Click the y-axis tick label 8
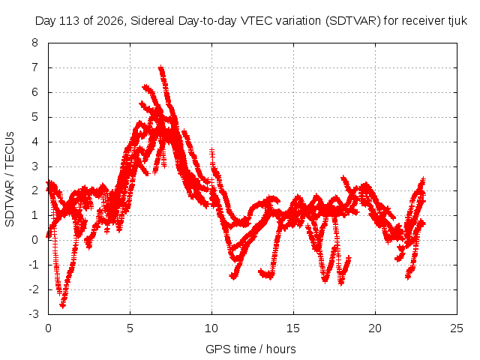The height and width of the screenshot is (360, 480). click(x=34, y=43)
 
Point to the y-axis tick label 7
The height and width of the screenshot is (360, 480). click(x=34, y=67)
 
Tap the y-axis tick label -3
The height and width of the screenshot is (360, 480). click(x=33, y=314)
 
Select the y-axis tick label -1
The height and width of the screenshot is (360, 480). click(x=33, y=265)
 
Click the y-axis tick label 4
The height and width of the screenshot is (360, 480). click(x=34, y=142)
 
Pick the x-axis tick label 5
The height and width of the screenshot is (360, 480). click(x=130, y=328)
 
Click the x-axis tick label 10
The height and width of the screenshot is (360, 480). click(x=211, y=328)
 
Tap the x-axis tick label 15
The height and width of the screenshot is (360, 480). click(x=293, y=328)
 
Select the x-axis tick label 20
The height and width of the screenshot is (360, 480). click(x=375, y=328)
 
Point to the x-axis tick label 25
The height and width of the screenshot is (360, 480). click(x=457, y=328)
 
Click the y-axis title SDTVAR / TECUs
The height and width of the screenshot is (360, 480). click(x=10, y=179)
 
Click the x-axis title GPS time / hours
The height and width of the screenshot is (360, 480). click(x=250, y=349)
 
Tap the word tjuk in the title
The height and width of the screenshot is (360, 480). click(x=460, y=21)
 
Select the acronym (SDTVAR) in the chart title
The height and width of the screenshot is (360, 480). click(x=353, y=21)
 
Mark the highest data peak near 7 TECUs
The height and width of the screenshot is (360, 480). click(x=161, y=68)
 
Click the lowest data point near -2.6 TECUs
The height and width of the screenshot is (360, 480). click(x=63, y=305)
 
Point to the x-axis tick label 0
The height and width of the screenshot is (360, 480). click(x=48, y=328)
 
